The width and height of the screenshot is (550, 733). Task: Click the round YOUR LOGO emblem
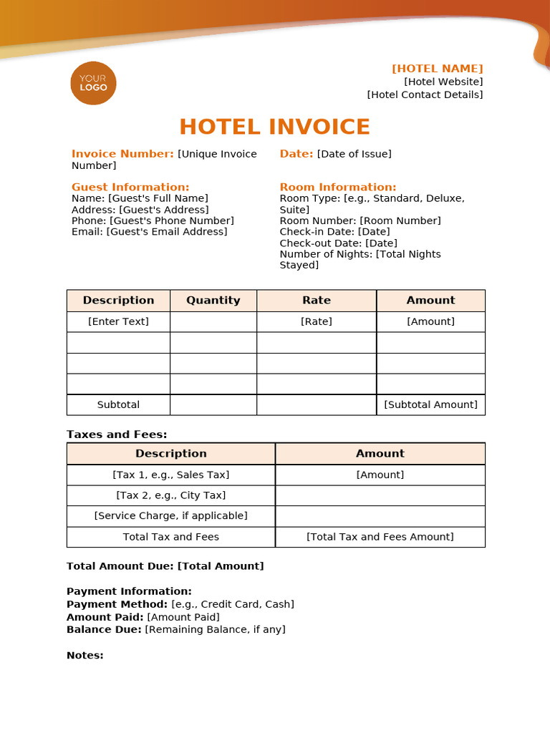[x=93, y=83]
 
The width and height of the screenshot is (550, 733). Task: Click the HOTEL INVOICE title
[x=274, y=127]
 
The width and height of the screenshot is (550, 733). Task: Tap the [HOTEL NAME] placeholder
[x=437, y=69]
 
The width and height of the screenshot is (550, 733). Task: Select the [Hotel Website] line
[x=443, y=82]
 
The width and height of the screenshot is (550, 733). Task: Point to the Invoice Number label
[x=122, y=154]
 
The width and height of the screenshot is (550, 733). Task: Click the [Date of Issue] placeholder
[x=354, y=154]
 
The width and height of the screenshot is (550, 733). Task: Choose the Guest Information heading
[x=130, y=187]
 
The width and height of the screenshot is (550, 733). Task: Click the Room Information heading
[x=337, y=187]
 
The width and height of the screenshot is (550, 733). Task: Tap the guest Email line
[x=149, y=232]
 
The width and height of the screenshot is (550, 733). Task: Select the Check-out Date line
[x=338, y=243]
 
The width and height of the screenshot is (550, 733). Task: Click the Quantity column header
[x=213, y=301]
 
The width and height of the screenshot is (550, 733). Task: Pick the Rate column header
[x=317, y=301]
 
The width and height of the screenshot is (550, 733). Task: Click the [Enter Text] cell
[x=118, y=321]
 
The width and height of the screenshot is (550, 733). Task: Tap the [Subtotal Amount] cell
[x=430, y=404]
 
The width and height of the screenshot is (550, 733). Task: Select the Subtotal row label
[x=118, y=404]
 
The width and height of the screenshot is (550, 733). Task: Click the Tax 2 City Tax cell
[x=170, y=495]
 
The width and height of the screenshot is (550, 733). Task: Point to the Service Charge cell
[x=170, y=516]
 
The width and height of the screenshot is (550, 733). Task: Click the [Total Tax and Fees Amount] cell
[x=380, y=537]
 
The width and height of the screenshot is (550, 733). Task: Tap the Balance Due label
[x=105, y=630]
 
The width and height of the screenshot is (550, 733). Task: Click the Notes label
[x=85, y=656]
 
